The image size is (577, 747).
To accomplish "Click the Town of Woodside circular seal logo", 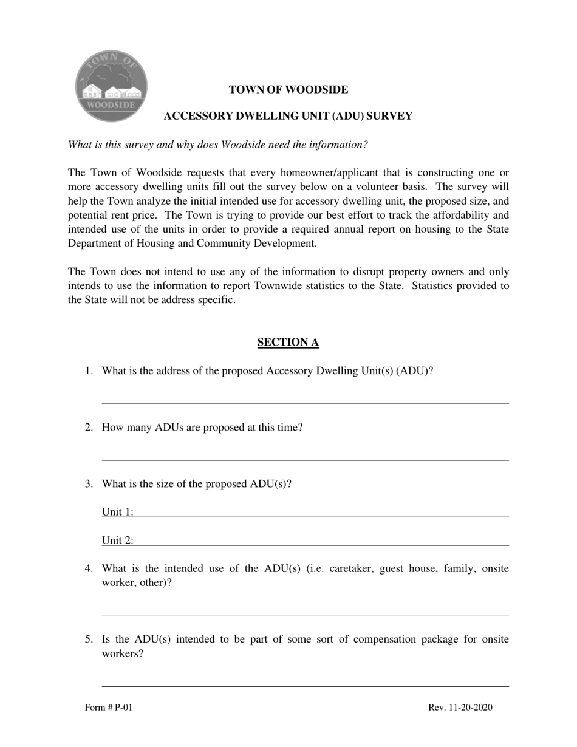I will tap(111, 86).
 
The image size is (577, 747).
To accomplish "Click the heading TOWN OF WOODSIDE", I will tap(288, 90).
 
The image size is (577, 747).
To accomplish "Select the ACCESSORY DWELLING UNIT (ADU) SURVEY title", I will tap(288, 116).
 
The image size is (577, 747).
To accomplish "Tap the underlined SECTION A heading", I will tap(288, 343).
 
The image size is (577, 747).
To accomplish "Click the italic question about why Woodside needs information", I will tap(218, 145).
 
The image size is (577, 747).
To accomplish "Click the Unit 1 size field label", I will tap(117, 512).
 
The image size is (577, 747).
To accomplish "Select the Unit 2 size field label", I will tap(117, 541).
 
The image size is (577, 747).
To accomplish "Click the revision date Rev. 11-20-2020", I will tap(460, 708).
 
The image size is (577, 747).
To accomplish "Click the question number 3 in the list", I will tap(89, 484).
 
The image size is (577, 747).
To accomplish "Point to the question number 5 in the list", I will tap(89, 640).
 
